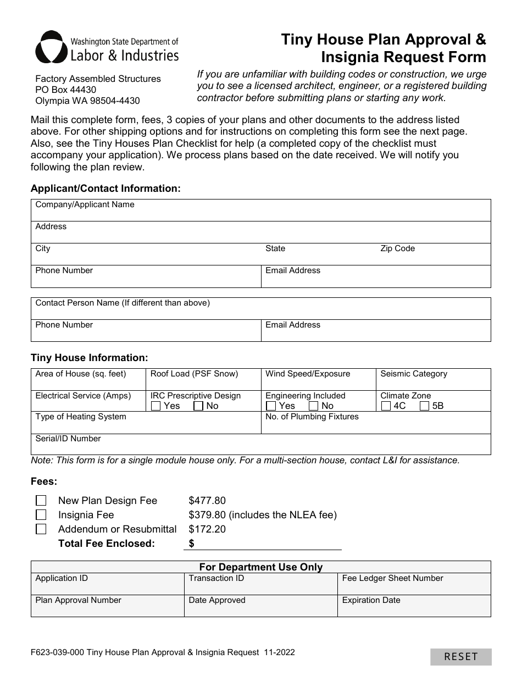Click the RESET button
tap(460, 657)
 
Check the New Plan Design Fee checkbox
tap(41, 501)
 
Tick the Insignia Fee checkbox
tap(41, 515)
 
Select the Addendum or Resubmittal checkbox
tap(41, 529)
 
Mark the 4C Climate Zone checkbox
tap(386, 406)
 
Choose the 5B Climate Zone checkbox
tap(424, 406)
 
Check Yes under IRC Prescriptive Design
tap(156, 406)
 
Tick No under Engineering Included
tap(313, 406)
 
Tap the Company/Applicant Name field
tap(260, 213)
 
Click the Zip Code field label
tap(397, 248)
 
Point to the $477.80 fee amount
tap(207, 501)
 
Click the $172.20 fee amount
tap(207, 529)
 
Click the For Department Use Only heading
tap(260, 567)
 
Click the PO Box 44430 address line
tap(66, 90)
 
